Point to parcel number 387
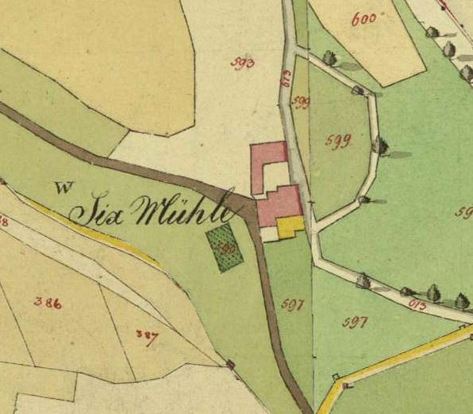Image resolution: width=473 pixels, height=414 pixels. point(146,335)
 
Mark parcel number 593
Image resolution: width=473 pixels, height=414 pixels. point(243,63)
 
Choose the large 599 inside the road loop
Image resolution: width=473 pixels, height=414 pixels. point(338,141)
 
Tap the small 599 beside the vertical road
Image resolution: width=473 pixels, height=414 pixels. point(301,102)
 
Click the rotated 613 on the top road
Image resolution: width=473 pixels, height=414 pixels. point(285,78)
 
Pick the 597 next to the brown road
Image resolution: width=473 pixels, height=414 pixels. point(292,304)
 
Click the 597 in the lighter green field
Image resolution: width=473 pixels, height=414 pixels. point(354,322)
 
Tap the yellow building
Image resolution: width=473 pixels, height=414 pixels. point(290,226)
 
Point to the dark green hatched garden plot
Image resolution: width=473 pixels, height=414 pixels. point(225,248)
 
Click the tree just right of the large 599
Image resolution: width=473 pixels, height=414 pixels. point(380,146)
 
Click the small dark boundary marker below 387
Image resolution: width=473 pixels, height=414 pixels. point(230,364)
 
